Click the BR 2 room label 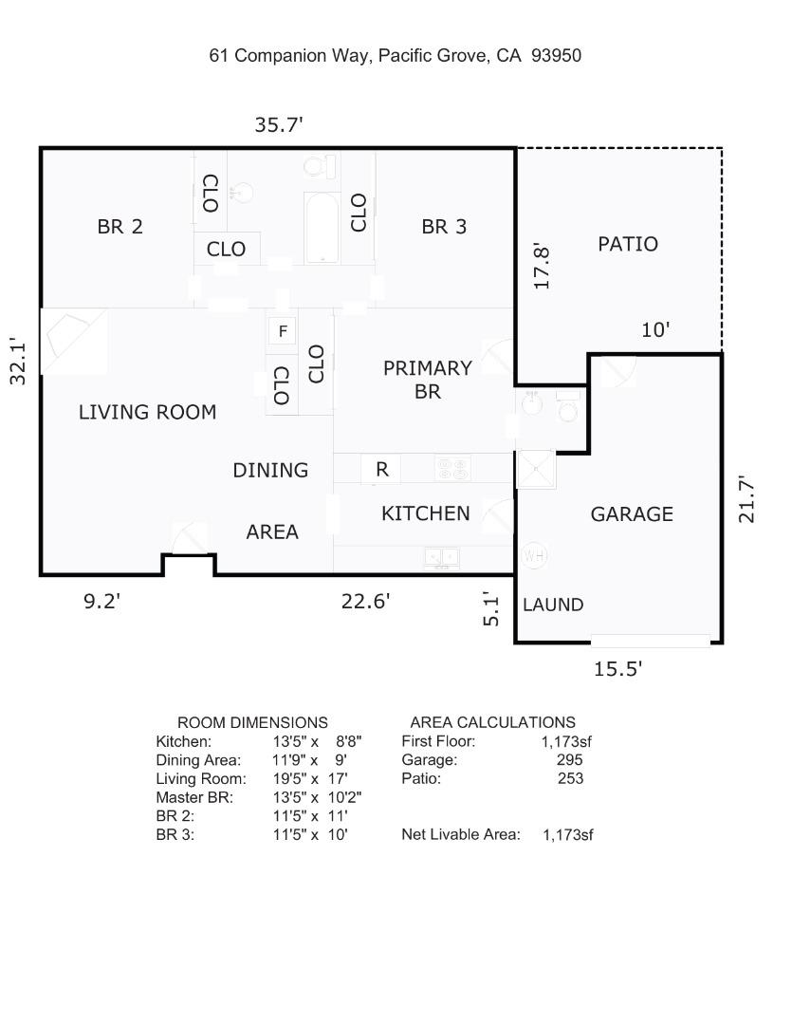120,227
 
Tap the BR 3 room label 444,227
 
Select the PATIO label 627,244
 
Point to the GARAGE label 632,514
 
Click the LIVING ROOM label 147,412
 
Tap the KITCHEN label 425,513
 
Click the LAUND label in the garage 553,605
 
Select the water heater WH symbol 534,556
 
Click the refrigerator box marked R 381,469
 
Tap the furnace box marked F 282,331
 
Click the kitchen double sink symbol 442,558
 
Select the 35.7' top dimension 279,124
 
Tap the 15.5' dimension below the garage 617,669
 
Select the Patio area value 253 570,779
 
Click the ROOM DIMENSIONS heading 252,722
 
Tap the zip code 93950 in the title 556,56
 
